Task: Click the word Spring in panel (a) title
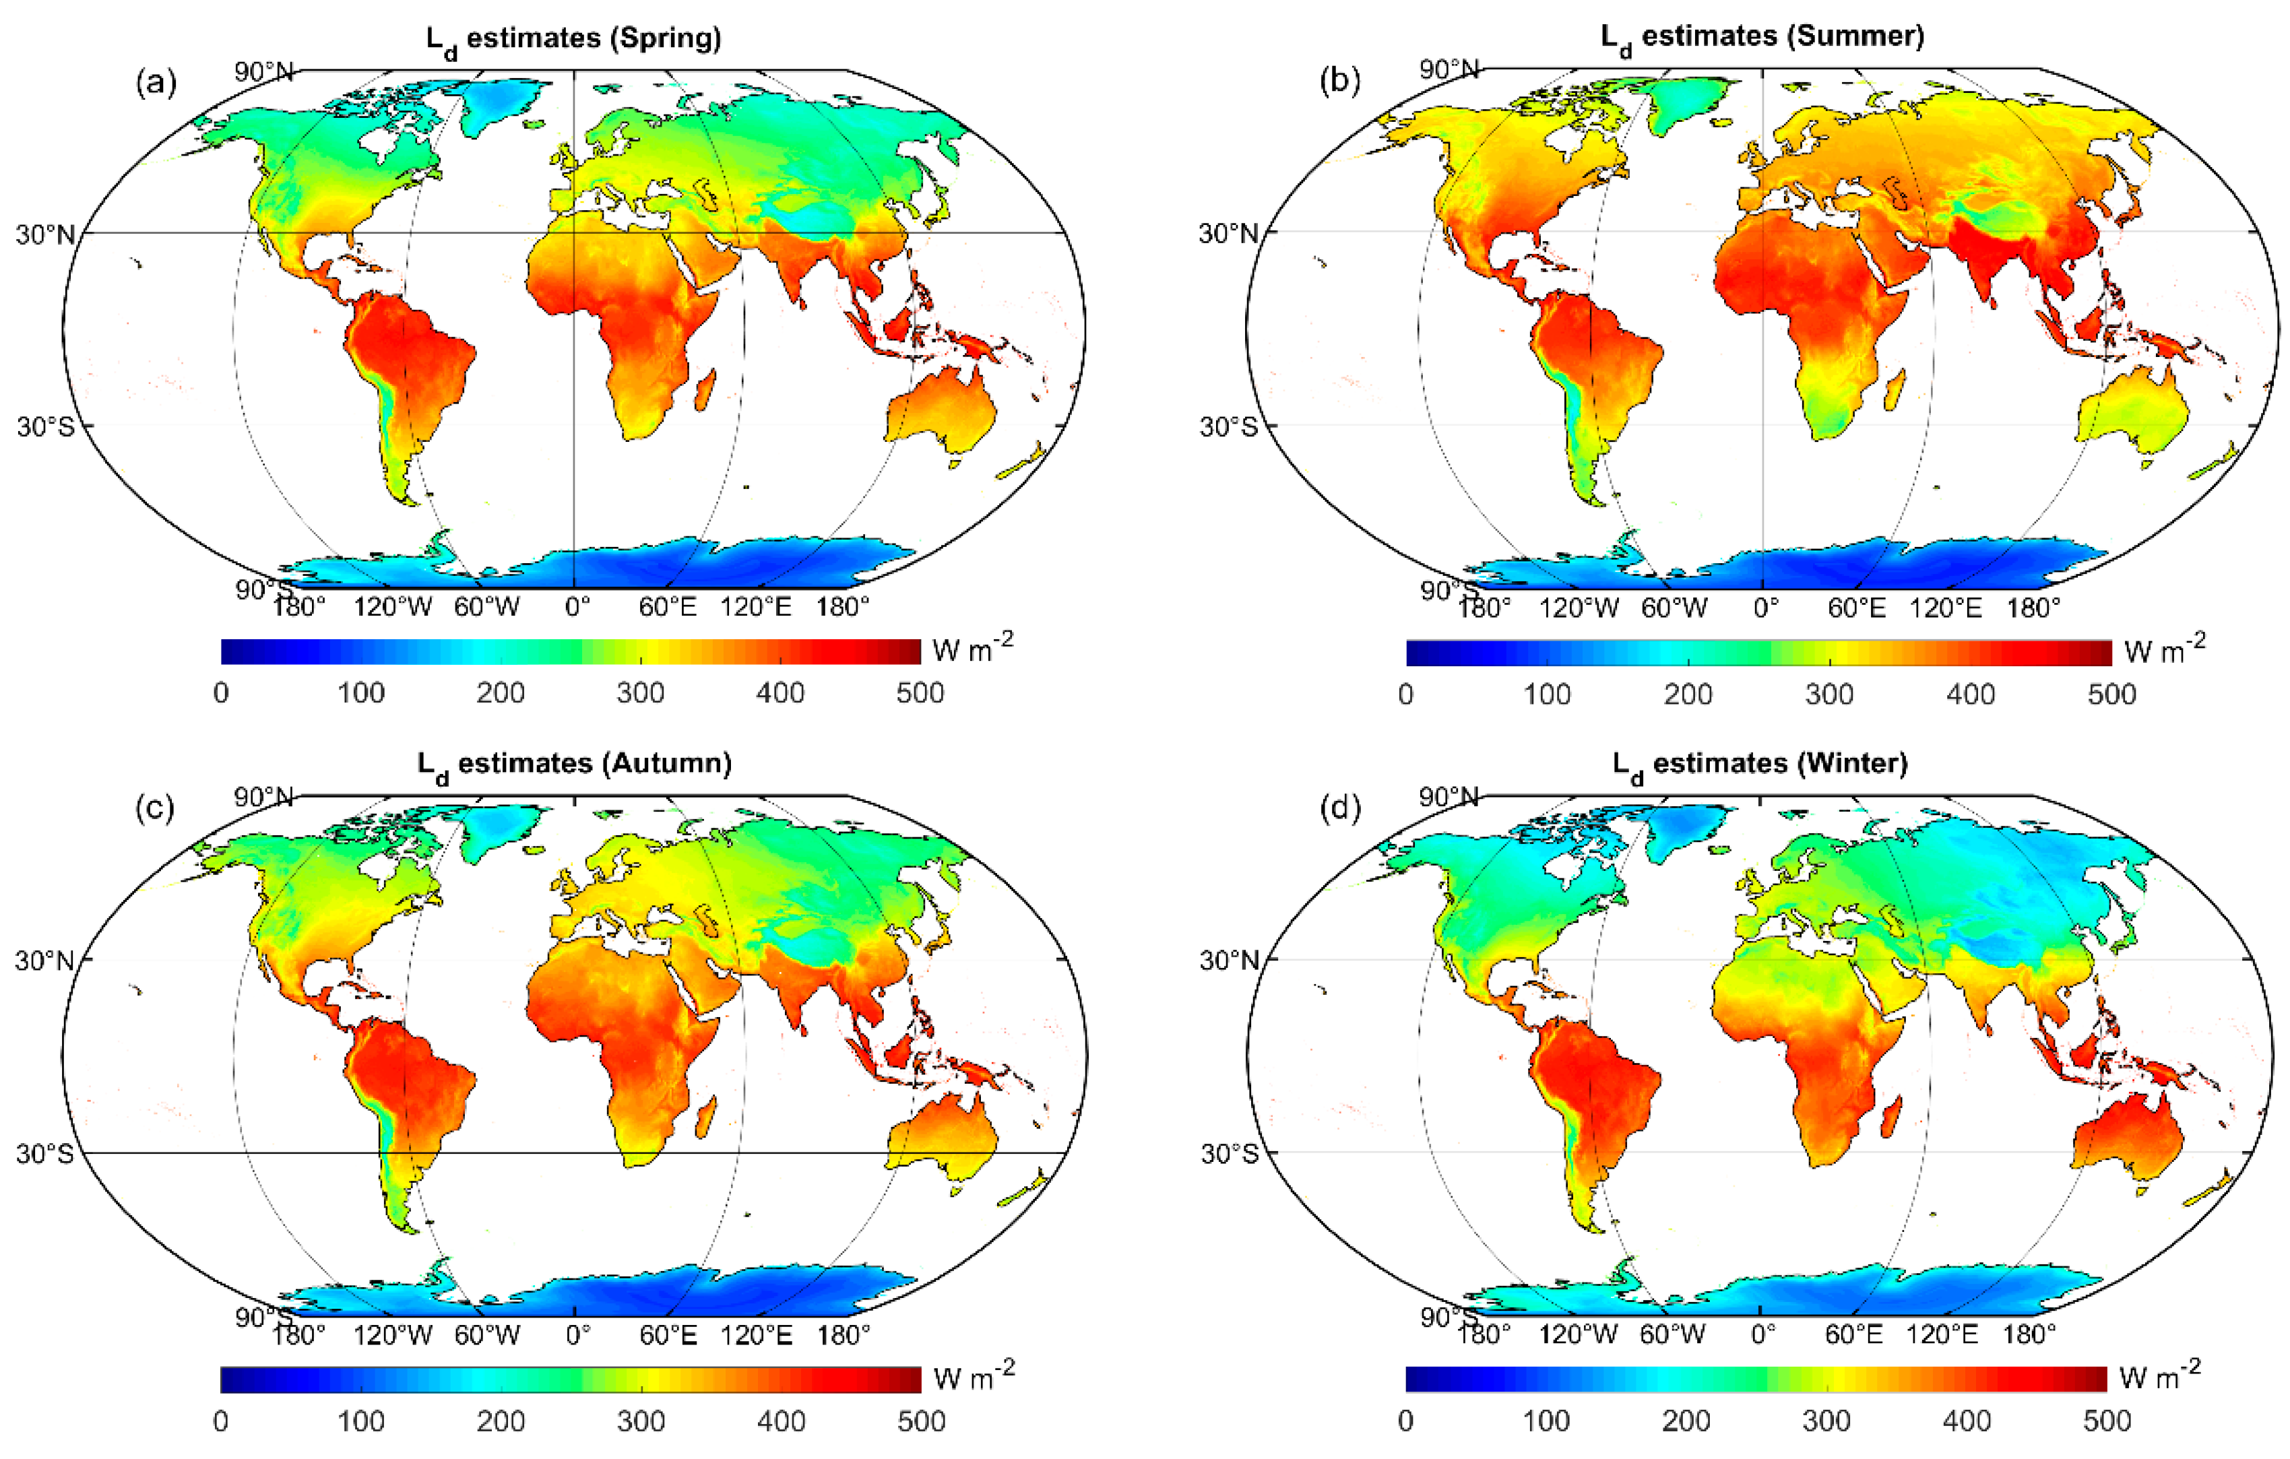(666, 38)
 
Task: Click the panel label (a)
(156, 84)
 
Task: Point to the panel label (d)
(1341, 808)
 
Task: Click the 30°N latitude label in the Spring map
(44, 234)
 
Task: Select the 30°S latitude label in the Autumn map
(44, 1154)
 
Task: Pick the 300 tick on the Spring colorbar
(640, 693)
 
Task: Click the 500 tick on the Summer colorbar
(2111, 694)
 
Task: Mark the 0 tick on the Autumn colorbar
(220, 1421)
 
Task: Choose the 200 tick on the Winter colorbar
(1686, 1421)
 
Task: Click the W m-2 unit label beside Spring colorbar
(972, 649)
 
